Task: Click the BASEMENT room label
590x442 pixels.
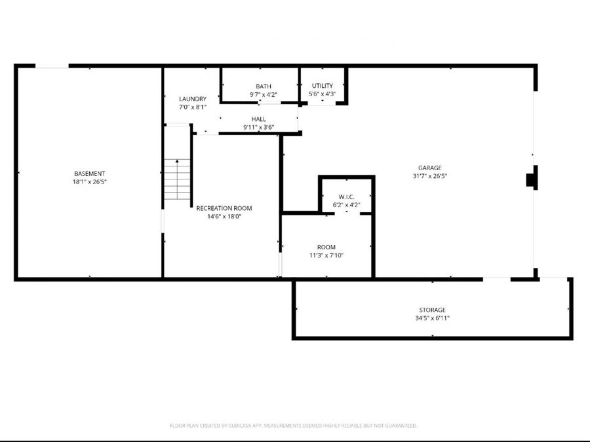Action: (90, 174)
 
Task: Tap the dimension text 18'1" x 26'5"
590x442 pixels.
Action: (90, 182)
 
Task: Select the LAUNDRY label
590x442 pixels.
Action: (193, 99)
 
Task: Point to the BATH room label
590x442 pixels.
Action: (263, 86)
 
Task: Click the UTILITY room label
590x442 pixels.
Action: (322, 86)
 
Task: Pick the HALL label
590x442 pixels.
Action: (258, 119)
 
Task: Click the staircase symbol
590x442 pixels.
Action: (177, 179)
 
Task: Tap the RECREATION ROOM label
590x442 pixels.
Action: (224, 208)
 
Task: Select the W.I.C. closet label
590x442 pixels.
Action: (346, 196)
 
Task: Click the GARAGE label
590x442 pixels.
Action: (430, 168)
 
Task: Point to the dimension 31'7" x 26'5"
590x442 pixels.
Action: (430, 176)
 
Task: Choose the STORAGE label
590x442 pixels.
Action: (432, 310)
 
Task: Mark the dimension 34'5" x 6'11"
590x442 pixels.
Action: (432, 318)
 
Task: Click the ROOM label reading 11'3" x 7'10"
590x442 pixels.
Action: (326, 247)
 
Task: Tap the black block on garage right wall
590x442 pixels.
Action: (532, 178)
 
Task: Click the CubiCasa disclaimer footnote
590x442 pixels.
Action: (294, 426)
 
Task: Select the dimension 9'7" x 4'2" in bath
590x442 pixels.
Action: (263, 95)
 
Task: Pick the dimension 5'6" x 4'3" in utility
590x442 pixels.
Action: (322, 94)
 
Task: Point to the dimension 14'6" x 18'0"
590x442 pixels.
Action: (224, 217)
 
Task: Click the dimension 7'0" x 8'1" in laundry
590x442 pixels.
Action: (193, 107)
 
